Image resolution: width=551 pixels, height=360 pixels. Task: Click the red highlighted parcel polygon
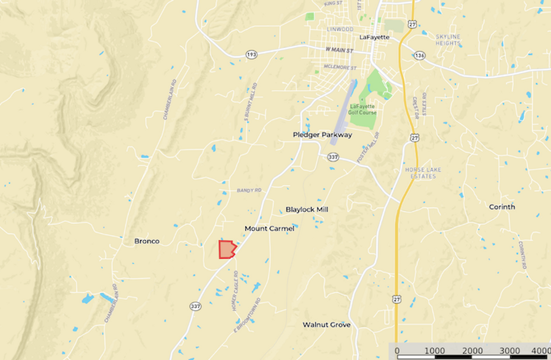[x=226, y=249]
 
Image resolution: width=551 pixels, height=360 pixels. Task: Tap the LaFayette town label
[x=374, y=37]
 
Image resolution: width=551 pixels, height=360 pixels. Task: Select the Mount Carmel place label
[x=269, y=228]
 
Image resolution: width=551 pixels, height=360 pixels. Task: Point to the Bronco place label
[x=147, y=241]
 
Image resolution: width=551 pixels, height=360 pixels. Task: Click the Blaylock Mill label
[x=307, y=209]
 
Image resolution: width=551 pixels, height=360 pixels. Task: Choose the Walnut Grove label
[x=326, y=325]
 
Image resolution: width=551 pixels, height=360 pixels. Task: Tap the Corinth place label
[x=502, y=207]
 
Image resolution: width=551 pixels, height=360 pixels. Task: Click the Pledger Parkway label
[x=323, y=135]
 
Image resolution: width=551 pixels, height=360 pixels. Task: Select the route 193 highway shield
[x=252, y=55]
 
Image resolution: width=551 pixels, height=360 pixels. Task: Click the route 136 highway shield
[x=419, y=55]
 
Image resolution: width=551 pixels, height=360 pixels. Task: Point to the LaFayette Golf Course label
[x=364, y=110]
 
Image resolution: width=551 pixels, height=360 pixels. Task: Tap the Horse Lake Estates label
[x=423, y=173]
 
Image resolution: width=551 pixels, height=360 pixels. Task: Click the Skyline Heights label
[x=448, y=40]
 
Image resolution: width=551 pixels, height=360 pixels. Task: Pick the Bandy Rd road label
[x=249, y=190]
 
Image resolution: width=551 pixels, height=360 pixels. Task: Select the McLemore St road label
[x=340, y=67]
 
